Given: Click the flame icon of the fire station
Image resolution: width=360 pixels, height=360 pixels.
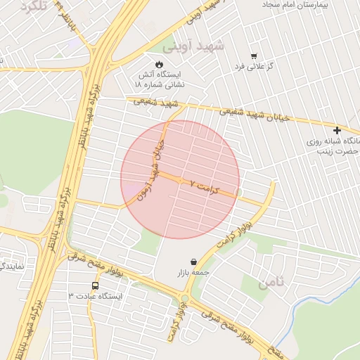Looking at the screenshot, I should [159, 64].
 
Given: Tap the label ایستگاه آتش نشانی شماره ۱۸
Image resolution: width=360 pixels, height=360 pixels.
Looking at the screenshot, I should [159, 79].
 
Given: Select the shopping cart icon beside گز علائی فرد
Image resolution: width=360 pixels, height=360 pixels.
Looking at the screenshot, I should [254, 56].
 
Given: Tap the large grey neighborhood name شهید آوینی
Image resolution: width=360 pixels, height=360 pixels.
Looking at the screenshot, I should [193, 46].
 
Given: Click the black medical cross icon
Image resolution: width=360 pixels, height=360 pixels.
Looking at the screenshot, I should [337, 130].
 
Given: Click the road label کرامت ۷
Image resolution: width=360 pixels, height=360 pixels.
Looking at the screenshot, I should [205, 186].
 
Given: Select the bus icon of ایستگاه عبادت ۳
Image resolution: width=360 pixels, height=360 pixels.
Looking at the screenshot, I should [95, 286].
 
